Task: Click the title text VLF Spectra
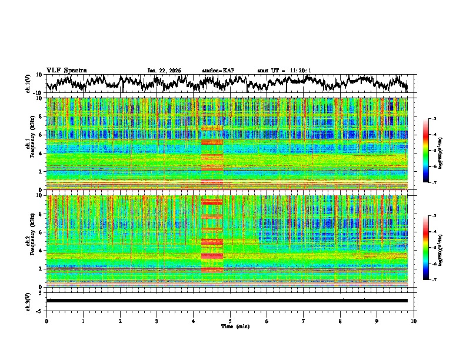[x=66, y=70]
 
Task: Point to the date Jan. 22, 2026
[x=164, y=71]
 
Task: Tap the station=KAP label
[x=218, y=71]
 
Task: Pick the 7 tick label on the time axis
[x=304, y=321]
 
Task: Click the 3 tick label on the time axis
[x=157, y=321]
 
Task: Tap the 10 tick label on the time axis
[x=414, y=321]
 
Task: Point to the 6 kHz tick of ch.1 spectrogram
[x=40, y=135]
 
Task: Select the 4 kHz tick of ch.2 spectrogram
[x=40, y=250]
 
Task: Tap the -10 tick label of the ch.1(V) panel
[x=37, y=93]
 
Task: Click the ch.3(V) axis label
[x=29, y=300]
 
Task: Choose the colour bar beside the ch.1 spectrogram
[x=426, y=151]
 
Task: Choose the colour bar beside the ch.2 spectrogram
[x=426, y=248]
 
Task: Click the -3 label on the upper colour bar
[x=434, y=119]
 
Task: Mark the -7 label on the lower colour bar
[x=434, y=280]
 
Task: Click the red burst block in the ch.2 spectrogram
[x=212, y=235]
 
